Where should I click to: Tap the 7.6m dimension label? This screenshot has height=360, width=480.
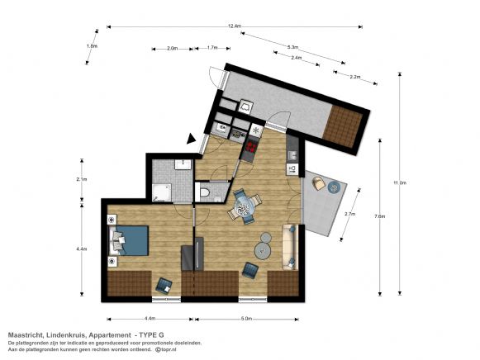(x=379, y=216)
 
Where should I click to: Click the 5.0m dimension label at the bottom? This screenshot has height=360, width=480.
(x=247, y=319)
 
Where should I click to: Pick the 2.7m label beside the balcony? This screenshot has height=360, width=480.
(x=349, y=215)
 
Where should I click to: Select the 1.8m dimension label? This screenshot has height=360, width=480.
(x=92, y=46)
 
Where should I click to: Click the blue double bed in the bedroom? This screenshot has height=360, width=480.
(x=130, y=239)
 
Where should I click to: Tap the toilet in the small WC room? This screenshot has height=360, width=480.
(x=206, y=192)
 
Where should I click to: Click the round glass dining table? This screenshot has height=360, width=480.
(x=245, y=207)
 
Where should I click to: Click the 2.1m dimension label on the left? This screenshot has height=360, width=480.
(x=82, y=179)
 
